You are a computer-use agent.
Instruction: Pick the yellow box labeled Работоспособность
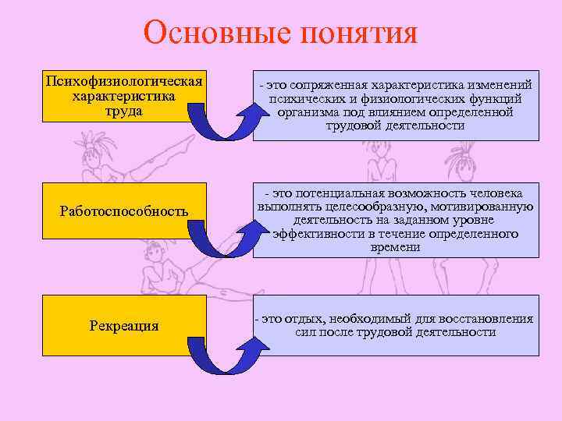(123, 210)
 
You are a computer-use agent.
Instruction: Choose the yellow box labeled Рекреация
(123, 325)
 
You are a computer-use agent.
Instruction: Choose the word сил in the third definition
(306, 331)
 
